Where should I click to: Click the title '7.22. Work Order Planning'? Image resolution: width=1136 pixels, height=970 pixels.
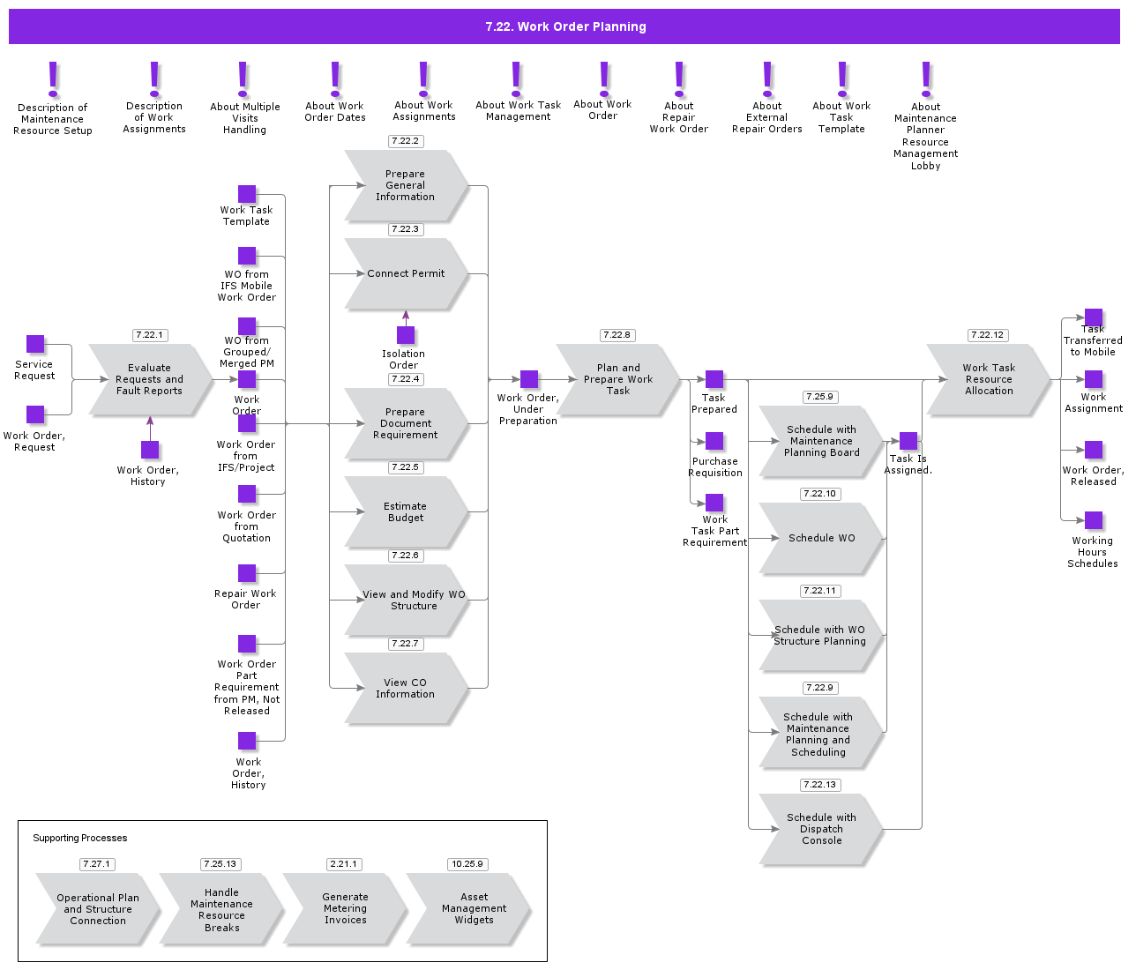pos(565,26)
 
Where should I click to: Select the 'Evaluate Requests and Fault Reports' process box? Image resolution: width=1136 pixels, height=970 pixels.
pos(150,380)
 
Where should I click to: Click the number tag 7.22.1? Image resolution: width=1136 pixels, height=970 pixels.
pos(150,335)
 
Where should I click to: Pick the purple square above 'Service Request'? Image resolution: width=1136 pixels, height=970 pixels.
pos(35,344)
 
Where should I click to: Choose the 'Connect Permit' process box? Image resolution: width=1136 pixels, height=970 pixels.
pos(406,274)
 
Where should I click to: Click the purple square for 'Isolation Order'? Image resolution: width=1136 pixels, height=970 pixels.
pos(406,335)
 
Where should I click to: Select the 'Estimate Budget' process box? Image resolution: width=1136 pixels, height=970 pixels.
pos(406,512)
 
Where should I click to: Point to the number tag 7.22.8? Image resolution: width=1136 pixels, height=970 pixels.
pos(617,335)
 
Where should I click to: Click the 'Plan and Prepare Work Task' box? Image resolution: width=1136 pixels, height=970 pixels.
pos(617,380)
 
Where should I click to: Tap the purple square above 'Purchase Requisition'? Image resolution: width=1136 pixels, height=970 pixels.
pos(714,441)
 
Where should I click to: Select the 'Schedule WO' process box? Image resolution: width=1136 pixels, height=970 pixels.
pos(821,538)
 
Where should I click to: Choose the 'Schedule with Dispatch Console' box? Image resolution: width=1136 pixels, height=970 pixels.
pos(821,829)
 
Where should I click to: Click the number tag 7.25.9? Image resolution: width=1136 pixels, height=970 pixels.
pos(820,397)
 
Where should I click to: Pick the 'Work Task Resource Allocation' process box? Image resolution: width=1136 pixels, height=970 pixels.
pos(988,380)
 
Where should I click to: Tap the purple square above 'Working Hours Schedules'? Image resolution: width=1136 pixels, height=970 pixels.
pos(1094,520)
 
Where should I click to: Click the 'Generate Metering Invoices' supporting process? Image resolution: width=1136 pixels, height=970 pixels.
pos(345,908)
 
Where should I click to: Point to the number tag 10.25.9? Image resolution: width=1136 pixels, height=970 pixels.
pos(467,864)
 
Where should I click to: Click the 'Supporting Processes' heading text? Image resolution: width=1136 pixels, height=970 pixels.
pos(80,838)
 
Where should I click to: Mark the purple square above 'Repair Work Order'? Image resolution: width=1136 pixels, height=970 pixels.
pos(247,573)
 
